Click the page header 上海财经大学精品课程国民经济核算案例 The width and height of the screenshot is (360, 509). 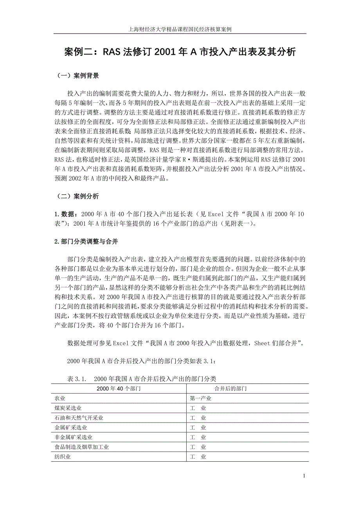tap(180, 29)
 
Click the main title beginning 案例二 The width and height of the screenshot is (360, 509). tap(180, 52)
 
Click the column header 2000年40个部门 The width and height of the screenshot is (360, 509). tap(119, 389)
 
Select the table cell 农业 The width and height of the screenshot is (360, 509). tap(60, 398)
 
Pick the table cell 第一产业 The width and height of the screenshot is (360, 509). tap(200, 398)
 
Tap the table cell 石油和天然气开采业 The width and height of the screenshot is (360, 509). tap(79, 418)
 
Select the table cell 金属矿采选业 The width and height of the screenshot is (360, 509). tap(71, 428)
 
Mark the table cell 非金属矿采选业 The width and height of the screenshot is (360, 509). tap(74, 437)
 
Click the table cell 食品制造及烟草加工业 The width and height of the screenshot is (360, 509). tap(82, 447)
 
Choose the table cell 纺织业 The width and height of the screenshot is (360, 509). tap(63, 457)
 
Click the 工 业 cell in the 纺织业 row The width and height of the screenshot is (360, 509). tap(198, 457)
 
